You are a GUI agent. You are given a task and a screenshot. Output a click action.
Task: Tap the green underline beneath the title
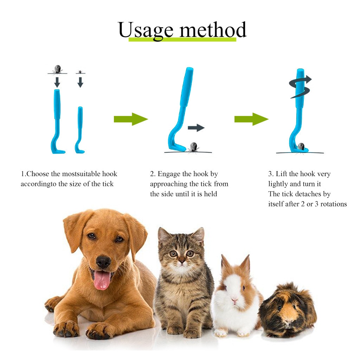[x=182, y=40]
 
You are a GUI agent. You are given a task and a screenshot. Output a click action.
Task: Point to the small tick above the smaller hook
[x=80, y=71]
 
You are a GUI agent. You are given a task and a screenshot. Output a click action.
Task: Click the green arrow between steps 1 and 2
[x=130, y=119]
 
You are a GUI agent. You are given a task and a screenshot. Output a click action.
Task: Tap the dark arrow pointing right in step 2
[x=196, y=128]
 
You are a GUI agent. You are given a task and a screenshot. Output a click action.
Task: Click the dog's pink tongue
[x=102, y=279]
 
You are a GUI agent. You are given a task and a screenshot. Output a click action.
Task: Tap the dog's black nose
[x=103, y=262]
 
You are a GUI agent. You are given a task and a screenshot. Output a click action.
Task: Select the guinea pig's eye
[x=279, y=308]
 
